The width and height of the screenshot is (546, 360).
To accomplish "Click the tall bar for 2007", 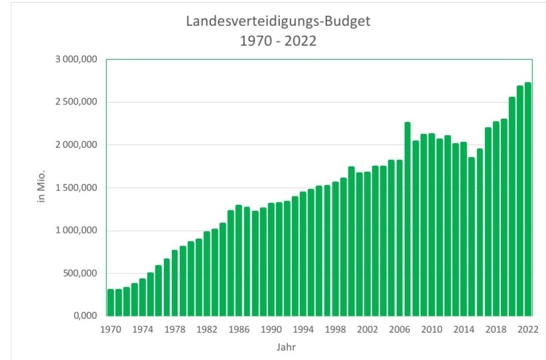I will click(407, 219).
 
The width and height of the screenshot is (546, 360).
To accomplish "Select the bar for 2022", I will click(527, 199).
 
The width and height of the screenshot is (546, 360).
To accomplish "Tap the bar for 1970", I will click(111, 302).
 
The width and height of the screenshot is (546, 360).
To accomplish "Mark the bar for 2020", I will click(512, 206).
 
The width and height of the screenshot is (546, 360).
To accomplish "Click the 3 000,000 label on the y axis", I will click(76, 60).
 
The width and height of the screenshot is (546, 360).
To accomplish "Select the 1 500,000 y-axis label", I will click(76, 188).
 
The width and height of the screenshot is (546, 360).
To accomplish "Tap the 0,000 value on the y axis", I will click(84, 316).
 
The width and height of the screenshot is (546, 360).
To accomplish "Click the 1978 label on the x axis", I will click(174, 329).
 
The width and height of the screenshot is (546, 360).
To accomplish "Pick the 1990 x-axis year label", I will click(271, 329).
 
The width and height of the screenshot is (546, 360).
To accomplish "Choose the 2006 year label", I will click(399, 329).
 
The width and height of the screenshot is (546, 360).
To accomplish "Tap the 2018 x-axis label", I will click(496, 329).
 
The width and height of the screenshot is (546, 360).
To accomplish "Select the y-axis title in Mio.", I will click(42, 188).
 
